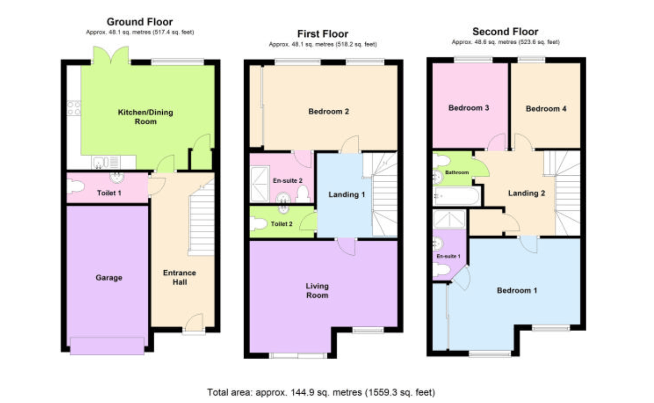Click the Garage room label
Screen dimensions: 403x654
pos(109,278)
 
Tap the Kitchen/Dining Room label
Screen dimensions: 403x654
pos(145,117)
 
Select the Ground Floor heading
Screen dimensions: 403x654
pos(140,22)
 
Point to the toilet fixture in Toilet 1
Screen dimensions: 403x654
pos(75,186)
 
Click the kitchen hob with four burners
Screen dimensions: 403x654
pos(73,108)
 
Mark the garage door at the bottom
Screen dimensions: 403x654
pos(107,345)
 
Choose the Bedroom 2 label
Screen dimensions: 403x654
pos(329,111)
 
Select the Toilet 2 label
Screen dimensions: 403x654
pos(281,224)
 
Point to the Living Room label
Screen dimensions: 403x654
pos(317,291)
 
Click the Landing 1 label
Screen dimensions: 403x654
pos(346,195)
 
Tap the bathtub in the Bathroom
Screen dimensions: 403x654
pos(456,196)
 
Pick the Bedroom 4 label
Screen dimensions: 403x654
pos(546,109)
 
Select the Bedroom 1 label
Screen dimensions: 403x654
pos(516,291)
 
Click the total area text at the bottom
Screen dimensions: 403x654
pos(321,392)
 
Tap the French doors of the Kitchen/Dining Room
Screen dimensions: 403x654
pos(111,56)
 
